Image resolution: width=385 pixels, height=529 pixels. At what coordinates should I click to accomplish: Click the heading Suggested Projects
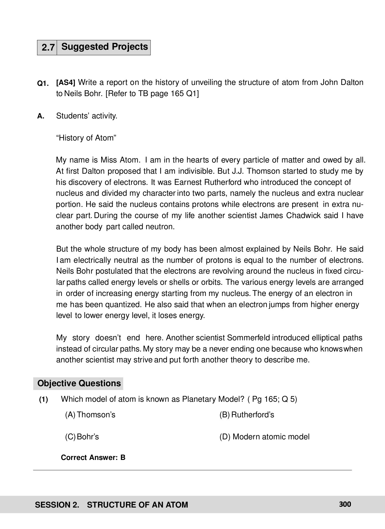point(104,47)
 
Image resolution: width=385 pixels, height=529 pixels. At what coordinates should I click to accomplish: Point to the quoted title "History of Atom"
point(86,138)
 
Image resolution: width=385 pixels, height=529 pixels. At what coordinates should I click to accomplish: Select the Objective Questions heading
point(79,384)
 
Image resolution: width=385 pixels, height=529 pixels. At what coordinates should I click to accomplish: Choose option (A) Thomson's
point(90,415)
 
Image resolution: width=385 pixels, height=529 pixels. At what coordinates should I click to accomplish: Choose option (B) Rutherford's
point(246,415)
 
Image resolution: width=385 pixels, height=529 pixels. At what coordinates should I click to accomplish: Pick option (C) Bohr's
point(82,437)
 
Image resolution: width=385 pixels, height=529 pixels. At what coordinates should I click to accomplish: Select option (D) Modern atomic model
point(264,437)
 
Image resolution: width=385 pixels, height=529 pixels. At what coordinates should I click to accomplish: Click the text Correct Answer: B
point(93,458)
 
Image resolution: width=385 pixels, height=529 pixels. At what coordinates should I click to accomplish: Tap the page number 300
point(345,504)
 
